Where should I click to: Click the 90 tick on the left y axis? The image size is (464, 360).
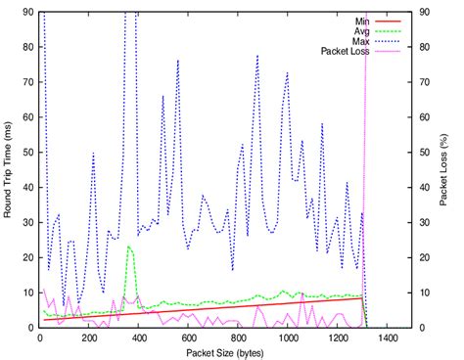click(25, 12)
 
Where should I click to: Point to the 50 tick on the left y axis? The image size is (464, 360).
click(25, 152)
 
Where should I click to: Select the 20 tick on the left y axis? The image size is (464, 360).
click(25, 257)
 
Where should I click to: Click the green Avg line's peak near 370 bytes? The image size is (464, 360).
click(130, 247)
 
